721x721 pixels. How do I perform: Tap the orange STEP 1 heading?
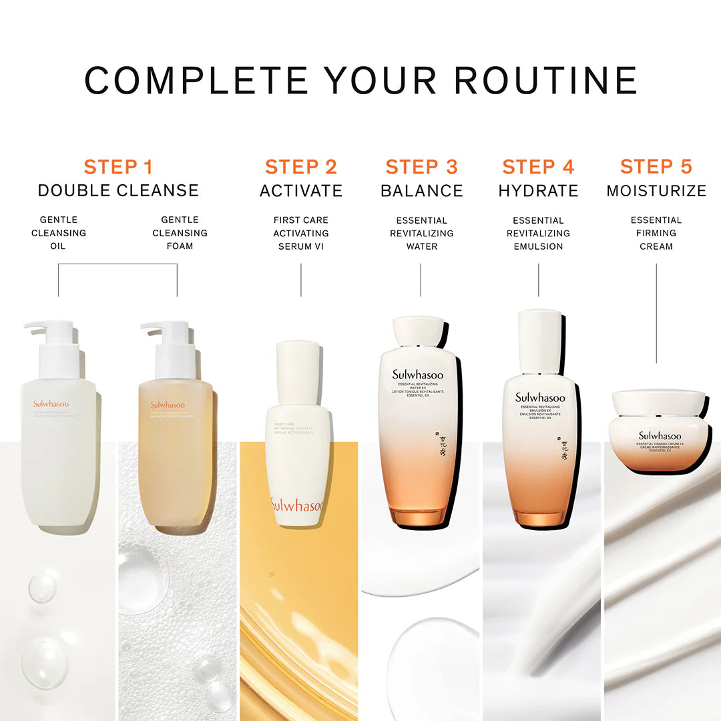coord(118,167)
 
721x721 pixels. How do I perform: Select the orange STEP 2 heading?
coord(300,167)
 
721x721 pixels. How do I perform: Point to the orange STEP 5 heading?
coord(656,167)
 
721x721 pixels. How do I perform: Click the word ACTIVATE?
coord(300,191)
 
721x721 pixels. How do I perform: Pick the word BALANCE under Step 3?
coord(421,191)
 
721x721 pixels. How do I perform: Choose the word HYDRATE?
coord(538,191)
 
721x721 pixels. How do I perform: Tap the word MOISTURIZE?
coord(656,191)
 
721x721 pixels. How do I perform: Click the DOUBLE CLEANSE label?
coord(118,191)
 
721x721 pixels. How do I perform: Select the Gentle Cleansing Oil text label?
coord(59,233)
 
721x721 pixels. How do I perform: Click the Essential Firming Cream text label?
coord(656,233)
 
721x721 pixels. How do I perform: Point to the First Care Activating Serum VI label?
coord(300,233)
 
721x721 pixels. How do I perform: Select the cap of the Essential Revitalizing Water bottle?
coord(419,332)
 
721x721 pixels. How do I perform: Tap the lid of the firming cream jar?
coord(658,402)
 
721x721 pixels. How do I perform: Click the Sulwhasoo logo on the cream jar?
coord(659,436)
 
